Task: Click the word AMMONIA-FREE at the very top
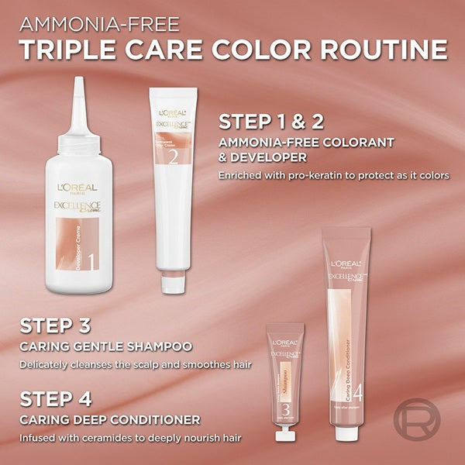click(x=98, y=19)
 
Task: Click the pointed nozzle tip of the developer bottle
click(x=80, y=82)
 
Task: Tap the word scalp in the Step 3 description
click(x=145, y=363)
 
